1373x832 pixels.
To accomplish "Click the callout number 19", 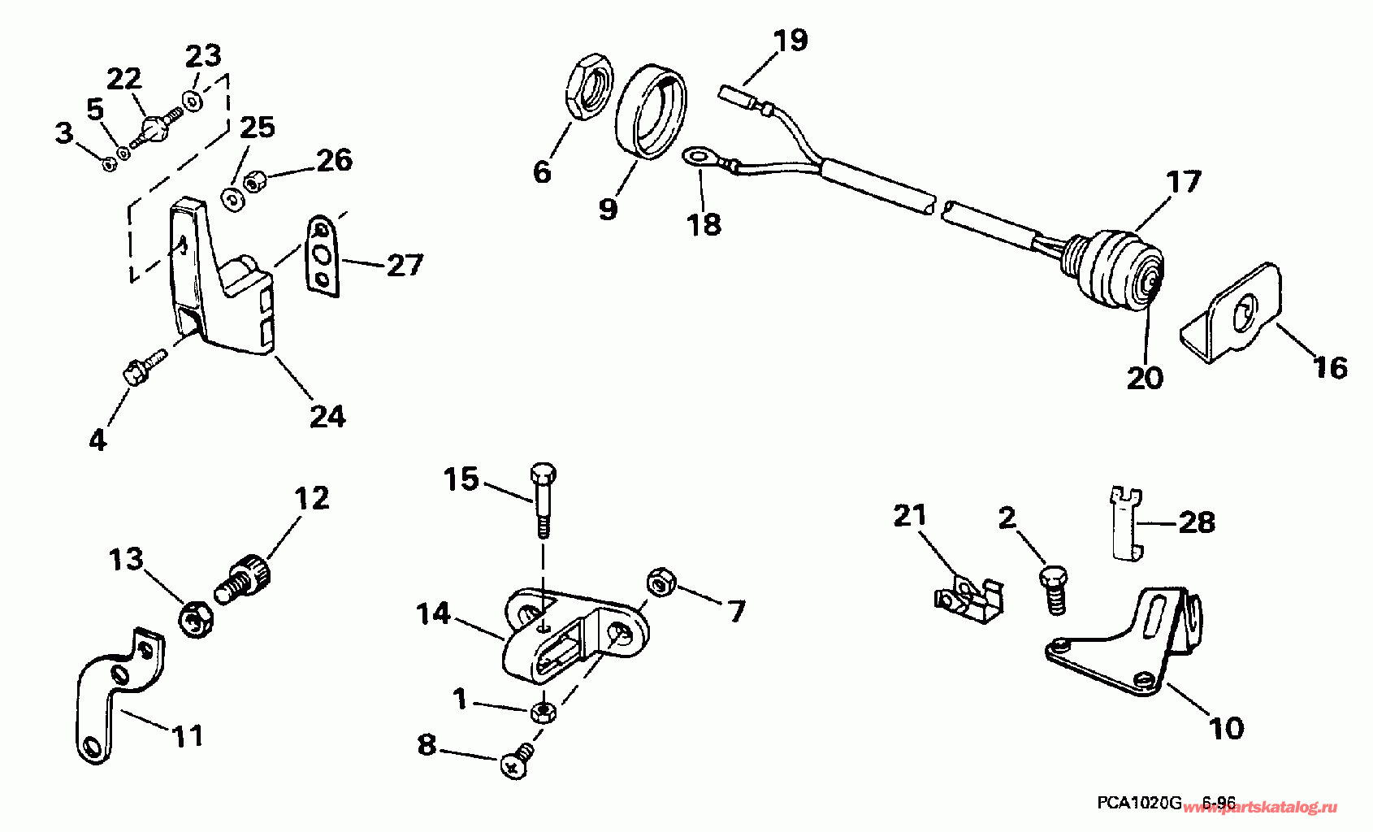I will (790, 40).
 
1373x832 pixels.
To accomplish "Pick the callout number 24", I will (327, 416).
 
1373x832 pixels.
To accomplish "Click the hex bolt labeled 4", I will (138, 373).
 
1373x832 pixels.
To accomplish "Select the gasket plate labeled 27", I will (323, 254).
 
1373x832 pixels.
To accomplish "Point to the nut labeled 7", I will (659, 583).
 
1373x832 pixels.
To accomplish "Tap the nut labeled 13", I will (195, 624).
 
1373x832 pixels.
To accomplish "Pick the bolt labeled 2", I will (1054, 591).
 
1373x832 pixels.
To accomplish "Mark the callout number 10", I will (1226, 729).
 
